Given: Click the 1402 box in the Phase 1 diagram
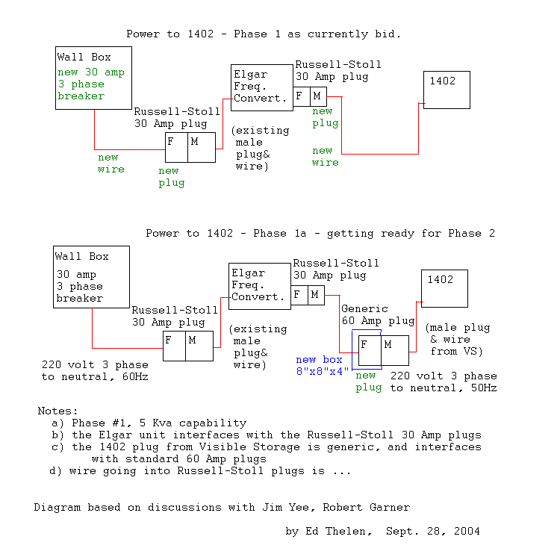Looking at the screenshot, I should click(447, 90).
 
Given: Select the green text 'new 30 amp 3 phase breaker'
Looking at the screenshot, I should click(92, 84).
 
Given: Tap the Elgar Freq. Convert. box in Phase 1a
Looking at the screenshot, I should click(259, 285).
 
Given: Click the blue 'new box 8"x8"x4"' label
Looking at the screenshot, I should click(323, 365).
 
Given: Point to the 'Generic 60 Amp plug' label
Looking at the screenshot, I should click(377, 314).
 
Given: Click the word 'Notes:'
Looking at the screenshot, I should click(57, 411).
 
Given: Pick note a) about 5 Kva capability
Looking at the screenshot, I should click(149, 423).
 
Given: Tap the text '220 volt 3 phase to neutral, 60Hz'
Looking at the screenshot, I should click(95, 371).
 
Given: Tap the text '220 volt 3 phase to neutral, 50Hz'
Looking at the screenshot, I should click(444, 382).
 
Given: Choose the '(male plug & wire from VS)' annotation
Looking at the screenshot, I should click(458, 339).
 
